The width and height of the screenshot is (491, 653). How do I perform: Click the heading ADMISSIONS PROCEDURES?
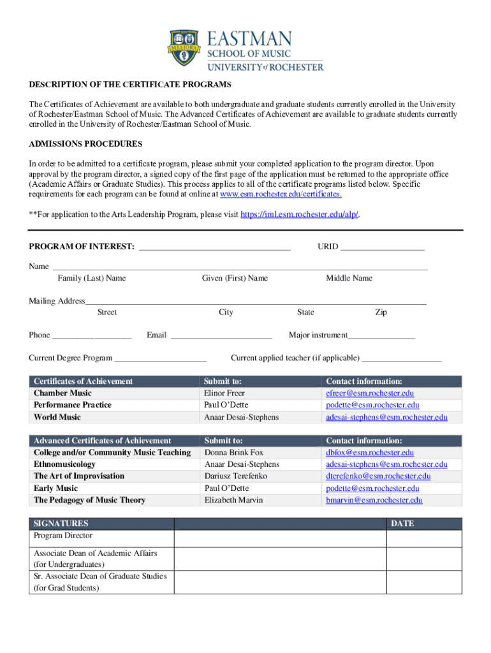point(85,144)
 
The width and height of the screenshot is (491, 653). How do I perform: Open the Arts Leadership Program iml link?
point(300,215)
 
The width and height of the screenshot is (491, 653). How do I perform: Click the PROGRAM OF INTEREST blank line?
point(214,247)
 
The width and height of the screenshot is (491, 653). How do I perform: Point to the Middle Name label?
point(349,278)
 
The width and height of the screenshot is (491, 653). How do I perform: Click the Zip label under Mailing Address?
point(381,312)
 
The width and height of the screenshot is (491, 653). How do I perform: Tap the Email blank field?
point(221,335)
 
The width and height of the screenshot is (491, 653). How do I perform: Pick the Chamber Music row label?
point(62,393)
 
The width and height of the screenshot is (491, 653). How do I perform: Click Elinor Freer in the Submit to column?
point(224,393)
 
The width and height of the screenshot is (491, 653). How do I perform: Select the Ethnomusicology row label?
point(64,464)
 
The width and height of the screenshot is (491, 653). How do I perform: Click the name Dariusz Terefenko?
point(235,476)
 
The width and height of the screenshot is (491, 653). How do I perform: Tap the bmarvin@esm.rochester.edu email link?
point(374,501)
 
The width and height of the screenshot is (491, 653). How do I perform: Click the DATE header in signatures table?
point(402,524)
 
